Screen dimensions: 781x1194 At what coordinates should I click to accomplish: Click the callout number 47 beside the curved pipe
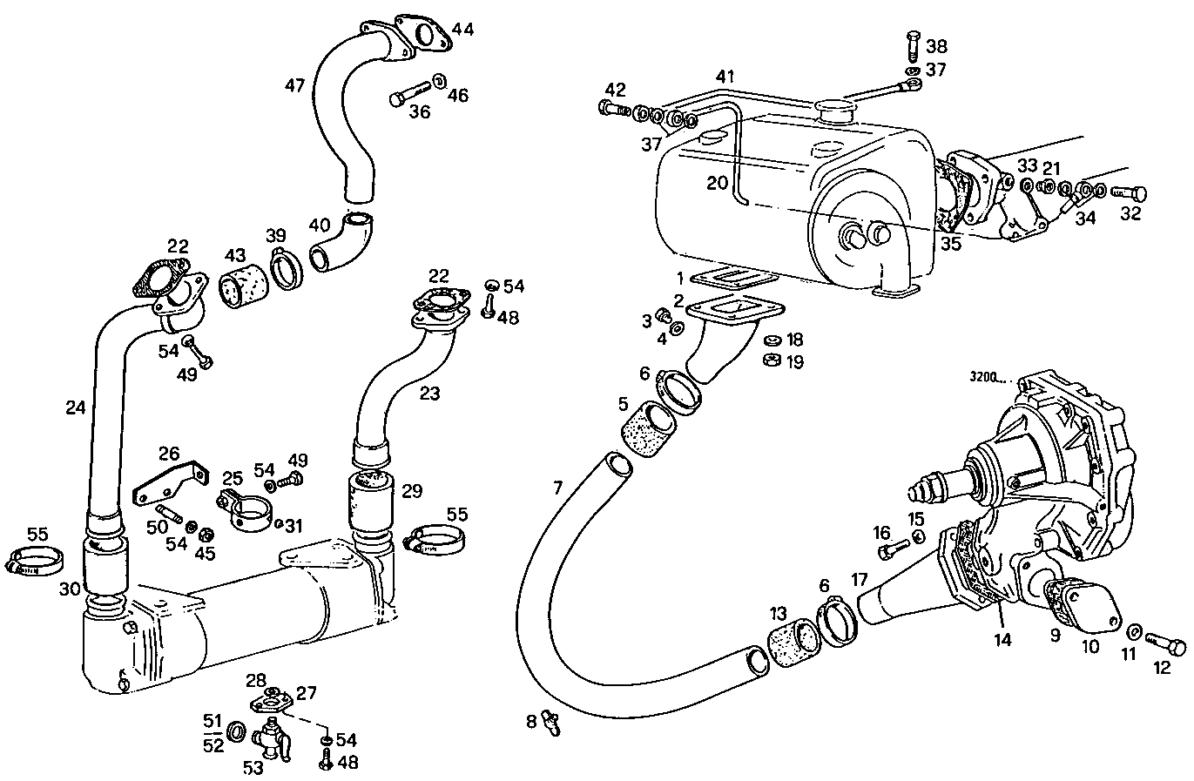point(295,84)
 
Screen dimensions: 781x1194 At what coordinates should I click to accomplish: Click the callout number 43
point(235,257)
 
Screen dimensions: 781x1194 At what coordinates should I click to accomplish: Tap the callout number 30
point(71,589)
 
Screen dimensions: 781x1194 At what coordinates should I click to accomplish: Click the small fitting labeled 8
point(551,721)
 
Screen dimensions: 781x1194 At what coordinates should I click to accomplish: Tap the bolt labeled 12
point(1164,647)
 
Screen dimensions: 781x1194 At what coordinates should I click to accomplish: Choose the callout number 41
point(725,77)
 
